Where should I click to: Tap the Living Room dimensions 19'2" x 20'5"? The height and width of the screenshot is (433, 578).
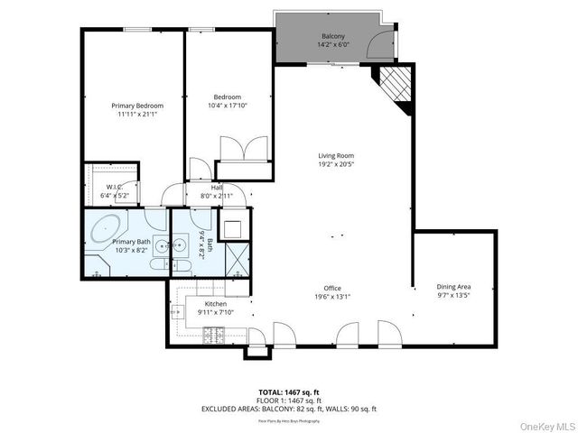click(335, 164)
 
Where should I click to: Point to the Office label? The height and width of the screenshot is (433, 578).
click(332, 288)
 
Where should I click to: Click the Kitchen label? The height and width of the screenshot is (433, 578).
click(216, 304)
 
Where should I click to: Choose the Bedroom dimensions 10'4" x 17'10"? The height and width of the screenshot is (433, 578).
click(228, 106)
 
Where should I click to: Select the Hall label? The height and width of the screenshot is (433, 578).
click(217, 187)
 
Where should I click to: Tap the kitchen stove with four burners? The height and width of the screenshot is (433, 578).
click(215, 336)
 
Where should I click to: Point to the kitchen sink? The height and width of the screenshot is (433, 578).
click(175, 312)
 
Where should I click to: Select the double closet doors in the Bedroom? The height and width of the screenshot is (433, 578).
click(244, 148)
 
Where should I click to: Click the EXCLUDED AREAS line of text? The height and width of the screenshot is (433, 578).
click(288, 409)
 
